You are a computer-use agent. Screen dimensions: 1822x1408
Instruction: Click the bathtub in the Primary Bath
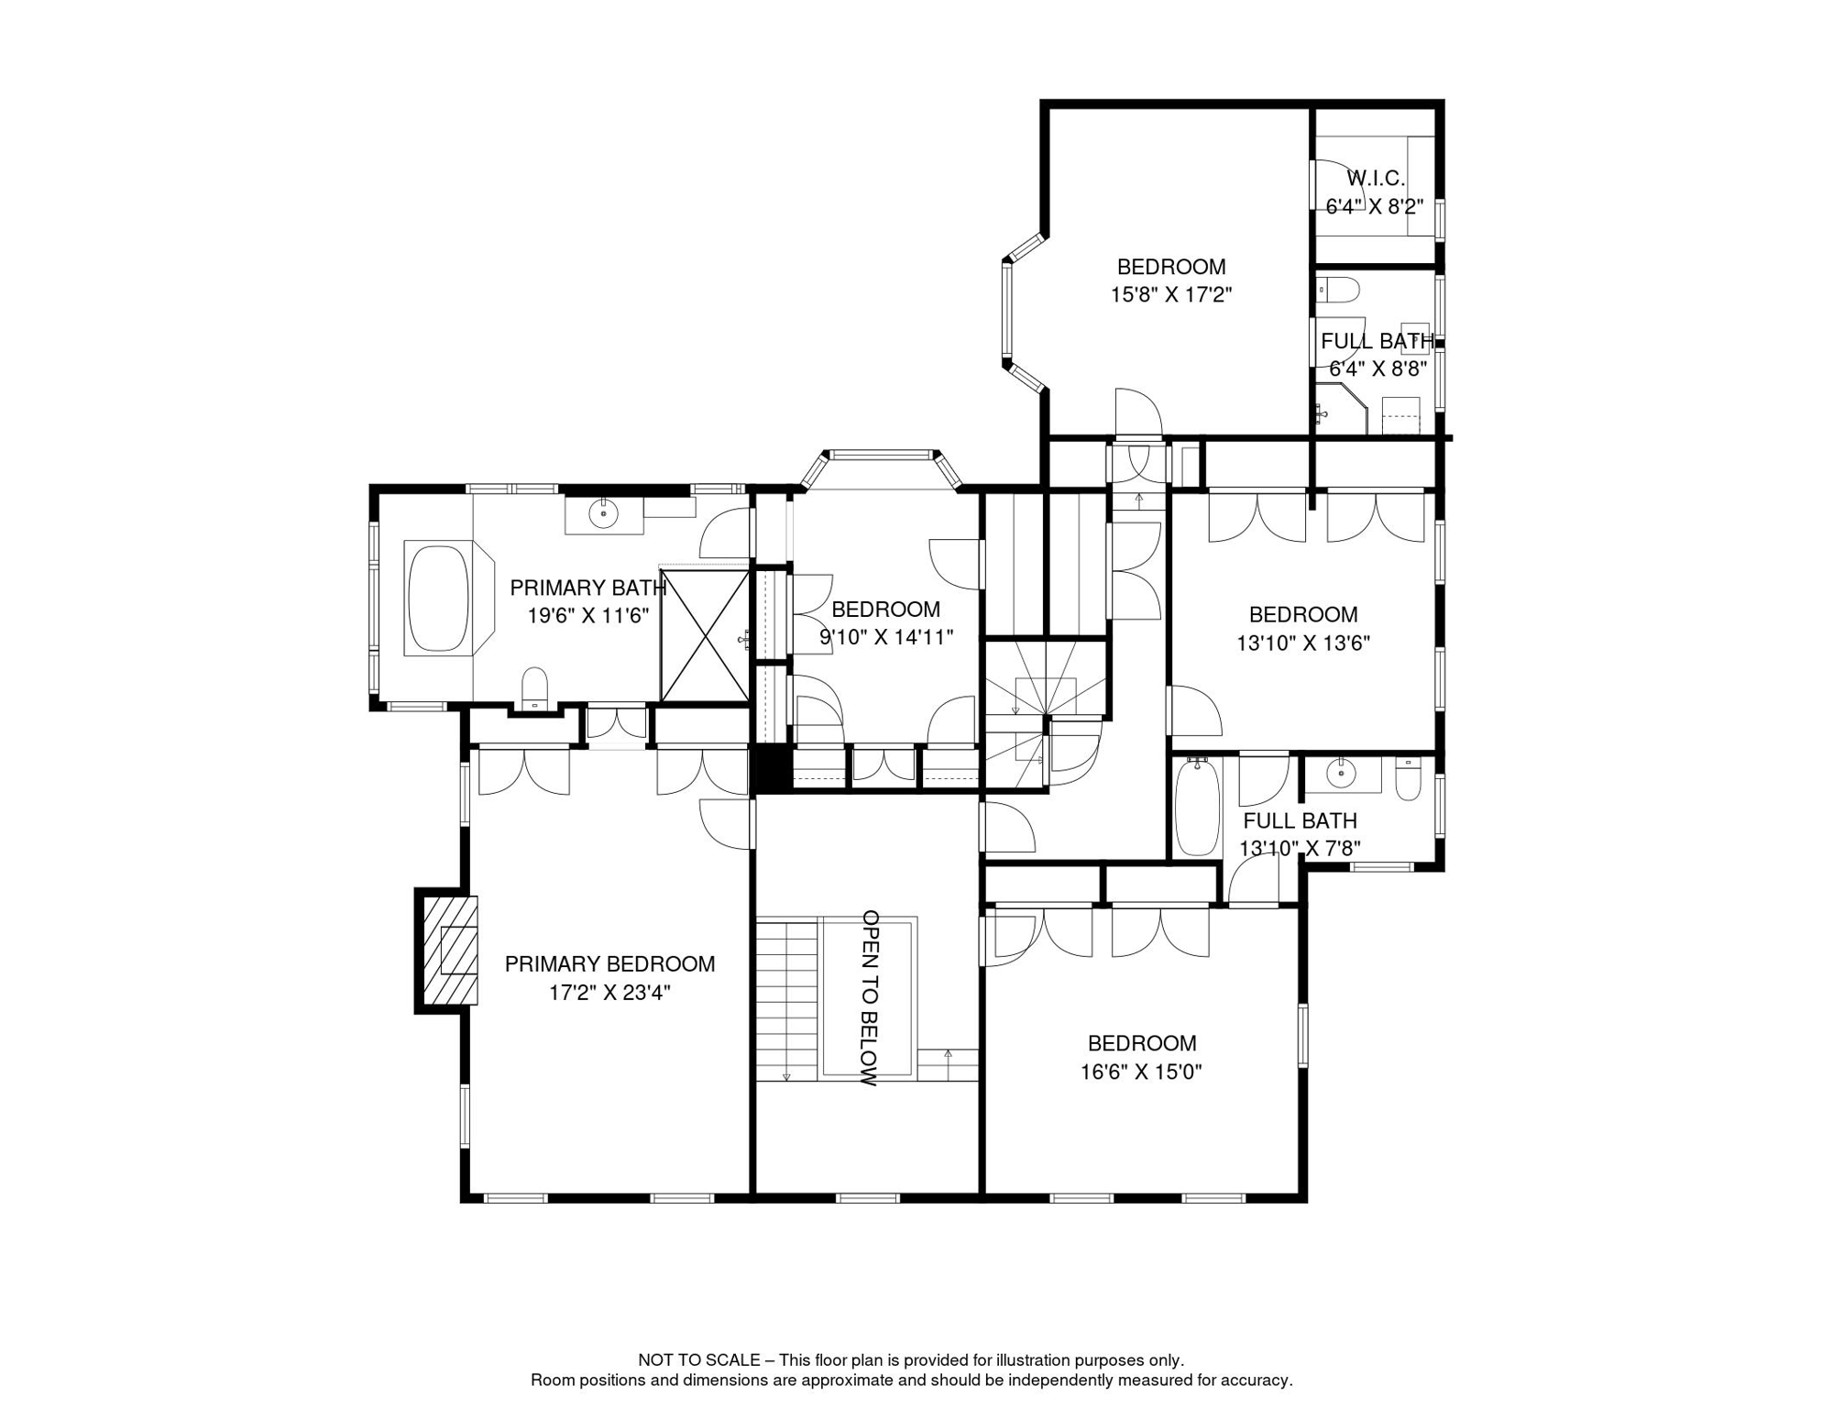438,599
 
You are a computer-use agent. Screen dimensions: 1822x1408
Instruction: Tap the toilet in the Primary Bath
534,687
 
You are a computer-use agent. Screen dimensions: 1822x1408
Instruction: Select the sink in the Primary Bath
603,513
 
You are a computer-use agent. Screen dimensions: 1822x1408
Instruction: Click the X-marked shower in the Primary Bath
705,636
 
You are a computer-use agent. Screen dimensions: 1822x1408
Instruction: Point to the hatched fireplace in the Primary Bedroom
450,950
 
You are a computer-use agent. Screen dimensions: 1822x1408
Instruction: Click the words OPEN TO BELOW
871,997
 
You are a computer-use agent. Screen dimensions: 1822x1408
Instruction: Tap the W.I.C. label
1375,178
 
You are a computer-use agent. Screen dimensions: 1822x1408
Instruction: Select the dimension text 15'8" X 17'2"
1171,295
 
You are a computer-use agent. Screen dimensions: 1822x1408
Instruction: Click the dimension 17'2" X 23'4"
609,993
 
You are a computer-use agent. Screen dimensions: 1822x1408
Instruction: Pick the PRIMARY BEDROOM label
609,964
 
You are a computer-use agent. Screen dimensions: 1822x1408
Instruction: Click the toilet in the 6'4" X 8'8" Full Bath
1338,290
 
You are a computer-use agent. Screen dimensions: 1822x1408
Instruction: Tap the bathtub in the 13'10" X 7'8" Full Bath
1198,807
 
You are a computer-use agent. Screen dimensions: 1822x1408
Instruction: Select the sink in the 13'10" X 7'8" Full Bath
1342,775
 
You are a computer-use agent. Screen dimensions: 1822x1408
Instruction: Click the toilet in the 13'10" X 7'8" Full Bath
1408,778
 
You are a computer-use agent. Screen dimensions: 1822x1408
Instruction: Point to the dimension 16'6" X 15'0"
1141,1072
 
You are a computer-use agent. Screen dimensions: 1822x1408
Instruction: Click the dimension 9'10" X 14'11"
886,637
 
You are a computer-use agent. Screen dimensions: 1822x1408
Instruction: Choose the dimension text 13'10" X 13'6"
1303,643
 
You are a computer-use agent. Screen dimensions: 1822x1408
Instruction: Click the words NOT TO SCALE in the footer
699,1360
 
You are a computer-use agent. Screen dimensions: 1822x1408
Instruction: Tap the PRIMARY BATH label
587,588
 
